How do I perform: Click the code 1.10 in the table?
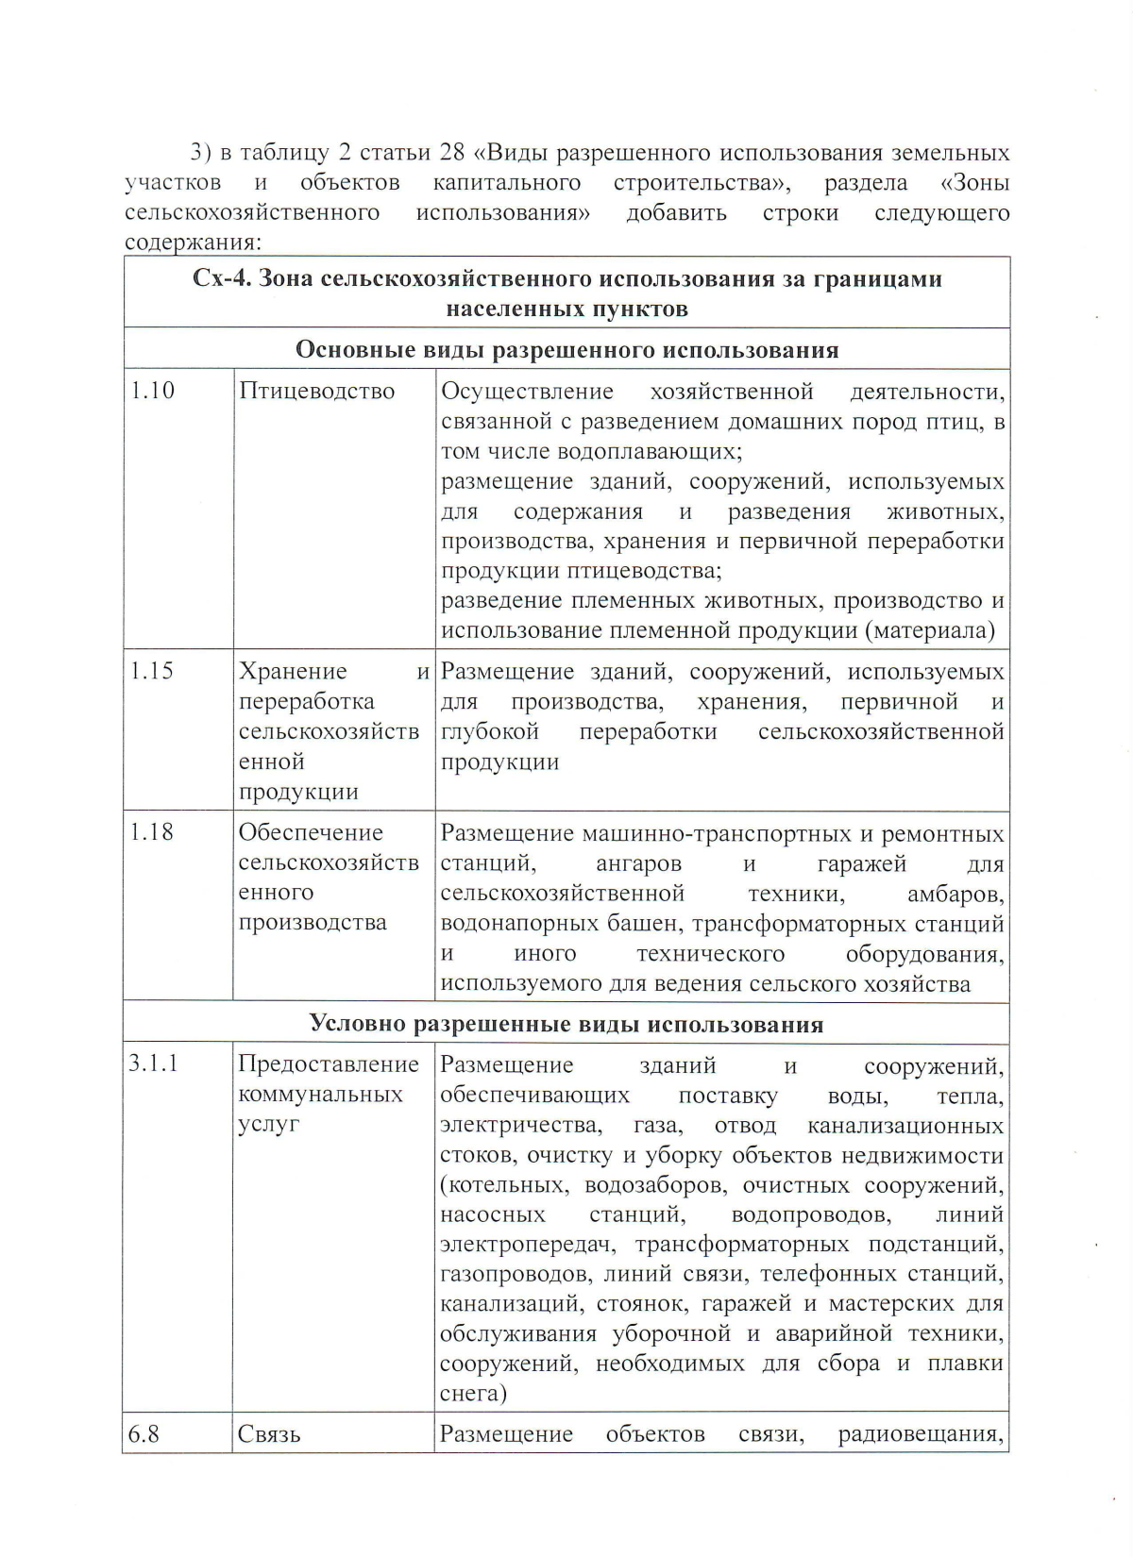tap(152, 391)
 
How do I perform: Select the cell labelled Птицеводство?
tap(316, 391)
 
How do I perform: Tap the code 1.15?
tap(152, 671)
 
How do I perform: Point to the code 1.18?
tap(152, 832)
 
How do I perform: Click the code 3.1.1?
tap(154, 1063)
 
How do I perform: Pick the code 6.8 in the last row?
tap(144, 1434)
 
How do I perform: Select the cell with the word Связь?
tap(269, 1435)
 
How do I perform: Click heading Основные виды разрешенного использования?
tap(566, 350)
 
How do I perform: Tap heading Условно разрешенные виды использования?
tap(566, 1024)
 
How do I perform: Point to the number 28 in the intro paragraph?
tap(453, 153)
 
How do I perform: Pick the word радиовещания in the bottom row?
tap(920, 1434)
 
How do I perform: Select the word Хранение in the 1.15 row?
tap(293, 671)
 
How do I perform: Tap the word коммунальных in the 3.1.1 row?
tap(320, 1095)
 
